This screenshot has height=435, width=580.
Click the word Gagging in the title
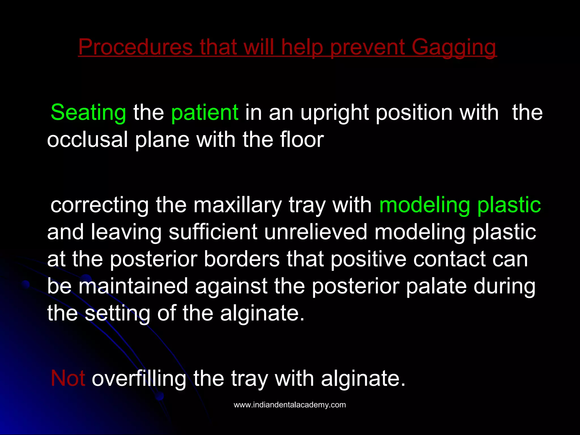pyautogui.click(x=454, y=47)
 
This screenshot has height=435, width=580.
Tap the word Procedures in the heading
pyautogui.click(x=135, y=47)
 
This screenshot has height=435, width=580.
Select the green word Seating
pyautogui.click(x=88, y=112)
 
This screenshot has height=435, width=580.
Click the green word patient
pyautogui.click(x=205, y=112)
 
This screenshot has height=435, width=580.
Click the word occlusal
pyautogui.click(x=87, y=140)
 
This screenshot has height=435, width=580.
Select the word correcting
pyautogui.click(x=99, y=205)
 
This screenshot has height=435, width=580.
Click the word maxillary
pyautogui.click(x=238, y=205)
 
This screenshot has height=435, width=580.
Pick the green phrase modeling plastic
pyautogui.click(x=460, y=205)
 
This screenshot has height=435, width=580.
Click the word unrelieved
pyautogui.click(x=315, y=232)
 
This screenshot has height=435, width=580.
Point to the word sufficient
pyautogui.click(x=213, y=232)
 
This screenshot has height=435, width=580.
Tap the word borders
pyautogui.click(x=242, y=259)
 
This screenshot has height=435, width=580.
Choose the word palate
pyautogui.click(x=436, y=286)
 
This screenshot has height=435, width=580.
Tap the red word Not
pyautogui.click(x=68, y=378)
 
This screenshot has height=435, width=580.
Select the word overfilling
pyautogui.click(x=139, y=378)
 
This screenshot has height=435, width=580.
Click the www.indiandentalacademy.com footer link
pyautogui.click(x=290, y=405)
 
